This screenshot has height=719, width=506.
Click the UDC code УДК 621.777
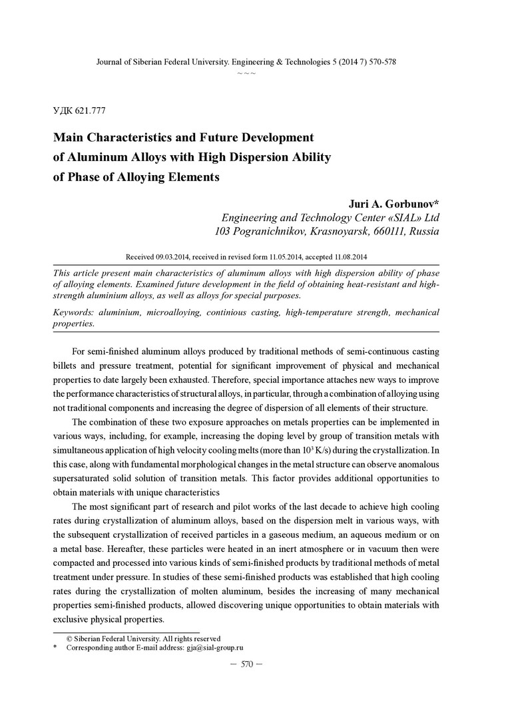click(x=79, y=111)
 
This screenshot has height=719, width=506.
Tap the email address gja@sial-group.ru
click(x=214, y=647)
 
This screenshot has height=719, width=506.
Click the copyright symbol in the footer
click(x=69, y=638)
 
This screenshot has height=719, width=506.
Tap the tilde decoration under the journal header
click(x=246, y=73)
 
